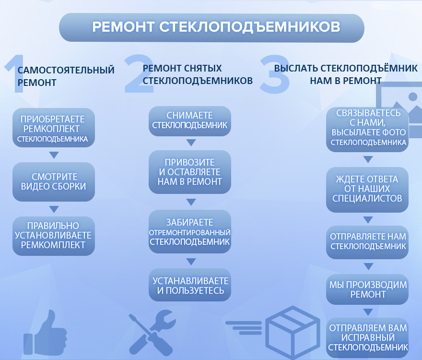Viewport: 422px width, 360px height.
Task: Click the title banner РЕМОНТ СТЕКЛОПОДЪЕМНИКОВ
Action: pos(211,28)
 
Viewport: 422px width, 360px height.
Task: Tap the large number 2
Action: pos(139,73)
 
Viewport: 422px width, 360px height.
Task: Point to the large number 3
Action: pos(274,74)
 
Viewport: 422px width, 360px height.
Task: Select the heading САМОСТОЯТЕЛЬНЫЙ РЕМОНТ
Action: pos(66,76)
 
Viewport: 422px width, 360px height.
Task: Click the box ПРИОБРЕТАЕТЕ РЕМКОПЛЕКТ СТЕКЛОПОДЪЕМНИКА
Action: pos(54,128)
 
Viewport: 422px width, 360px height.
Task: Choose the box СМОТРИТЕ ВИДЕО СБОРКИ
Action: pos(54,181)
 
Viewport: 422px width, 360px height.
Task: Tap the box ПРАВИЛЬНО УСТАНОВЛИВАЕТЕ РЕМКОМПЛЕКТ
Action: pos(54,236)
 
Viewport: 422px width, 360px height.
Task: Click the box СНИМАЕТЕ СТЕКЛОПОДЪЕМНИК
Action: pos(190,121)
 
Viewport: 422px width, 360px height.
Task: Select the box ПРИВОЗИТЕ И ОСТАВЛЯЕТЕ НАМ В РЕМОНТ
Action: pos(190,172)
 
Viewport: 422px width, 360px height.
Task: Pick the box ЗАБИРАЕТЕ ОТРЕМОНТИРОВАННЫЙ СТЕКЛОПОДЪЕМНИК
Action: pos(190,231)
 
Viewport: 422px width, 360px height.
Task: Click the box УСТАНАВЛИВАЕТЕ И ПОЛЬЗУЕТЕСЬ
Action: pos(190,285)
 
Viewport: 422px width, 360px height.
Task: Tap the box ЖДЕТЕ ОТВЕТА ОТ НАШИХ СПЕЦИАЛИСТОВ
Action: pos(367,190)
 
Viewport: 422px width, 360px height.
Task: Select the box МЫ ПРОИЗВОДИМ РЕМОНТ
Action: pos(367,289)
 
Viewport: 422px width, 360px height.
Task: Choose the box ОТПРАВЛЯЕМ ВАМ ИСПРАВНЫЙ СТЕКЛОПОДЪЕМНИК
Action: pos(367,338)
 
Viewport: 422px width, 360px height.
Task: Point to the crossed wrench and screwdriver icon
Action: pos(152,332)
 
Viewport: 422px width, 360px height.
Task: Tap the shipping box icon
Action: pos(293,331)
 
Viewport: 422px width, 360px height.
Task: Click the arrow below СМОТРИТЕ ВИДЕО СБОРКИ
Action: pos(54,209)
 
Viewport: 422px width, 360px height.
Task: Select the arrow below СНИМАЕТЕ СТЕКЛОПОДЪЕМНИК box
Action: pos(191,143)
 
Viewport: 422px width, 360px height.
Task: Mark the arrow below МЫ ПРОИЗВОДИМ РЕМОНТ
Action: pos(368,312)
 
